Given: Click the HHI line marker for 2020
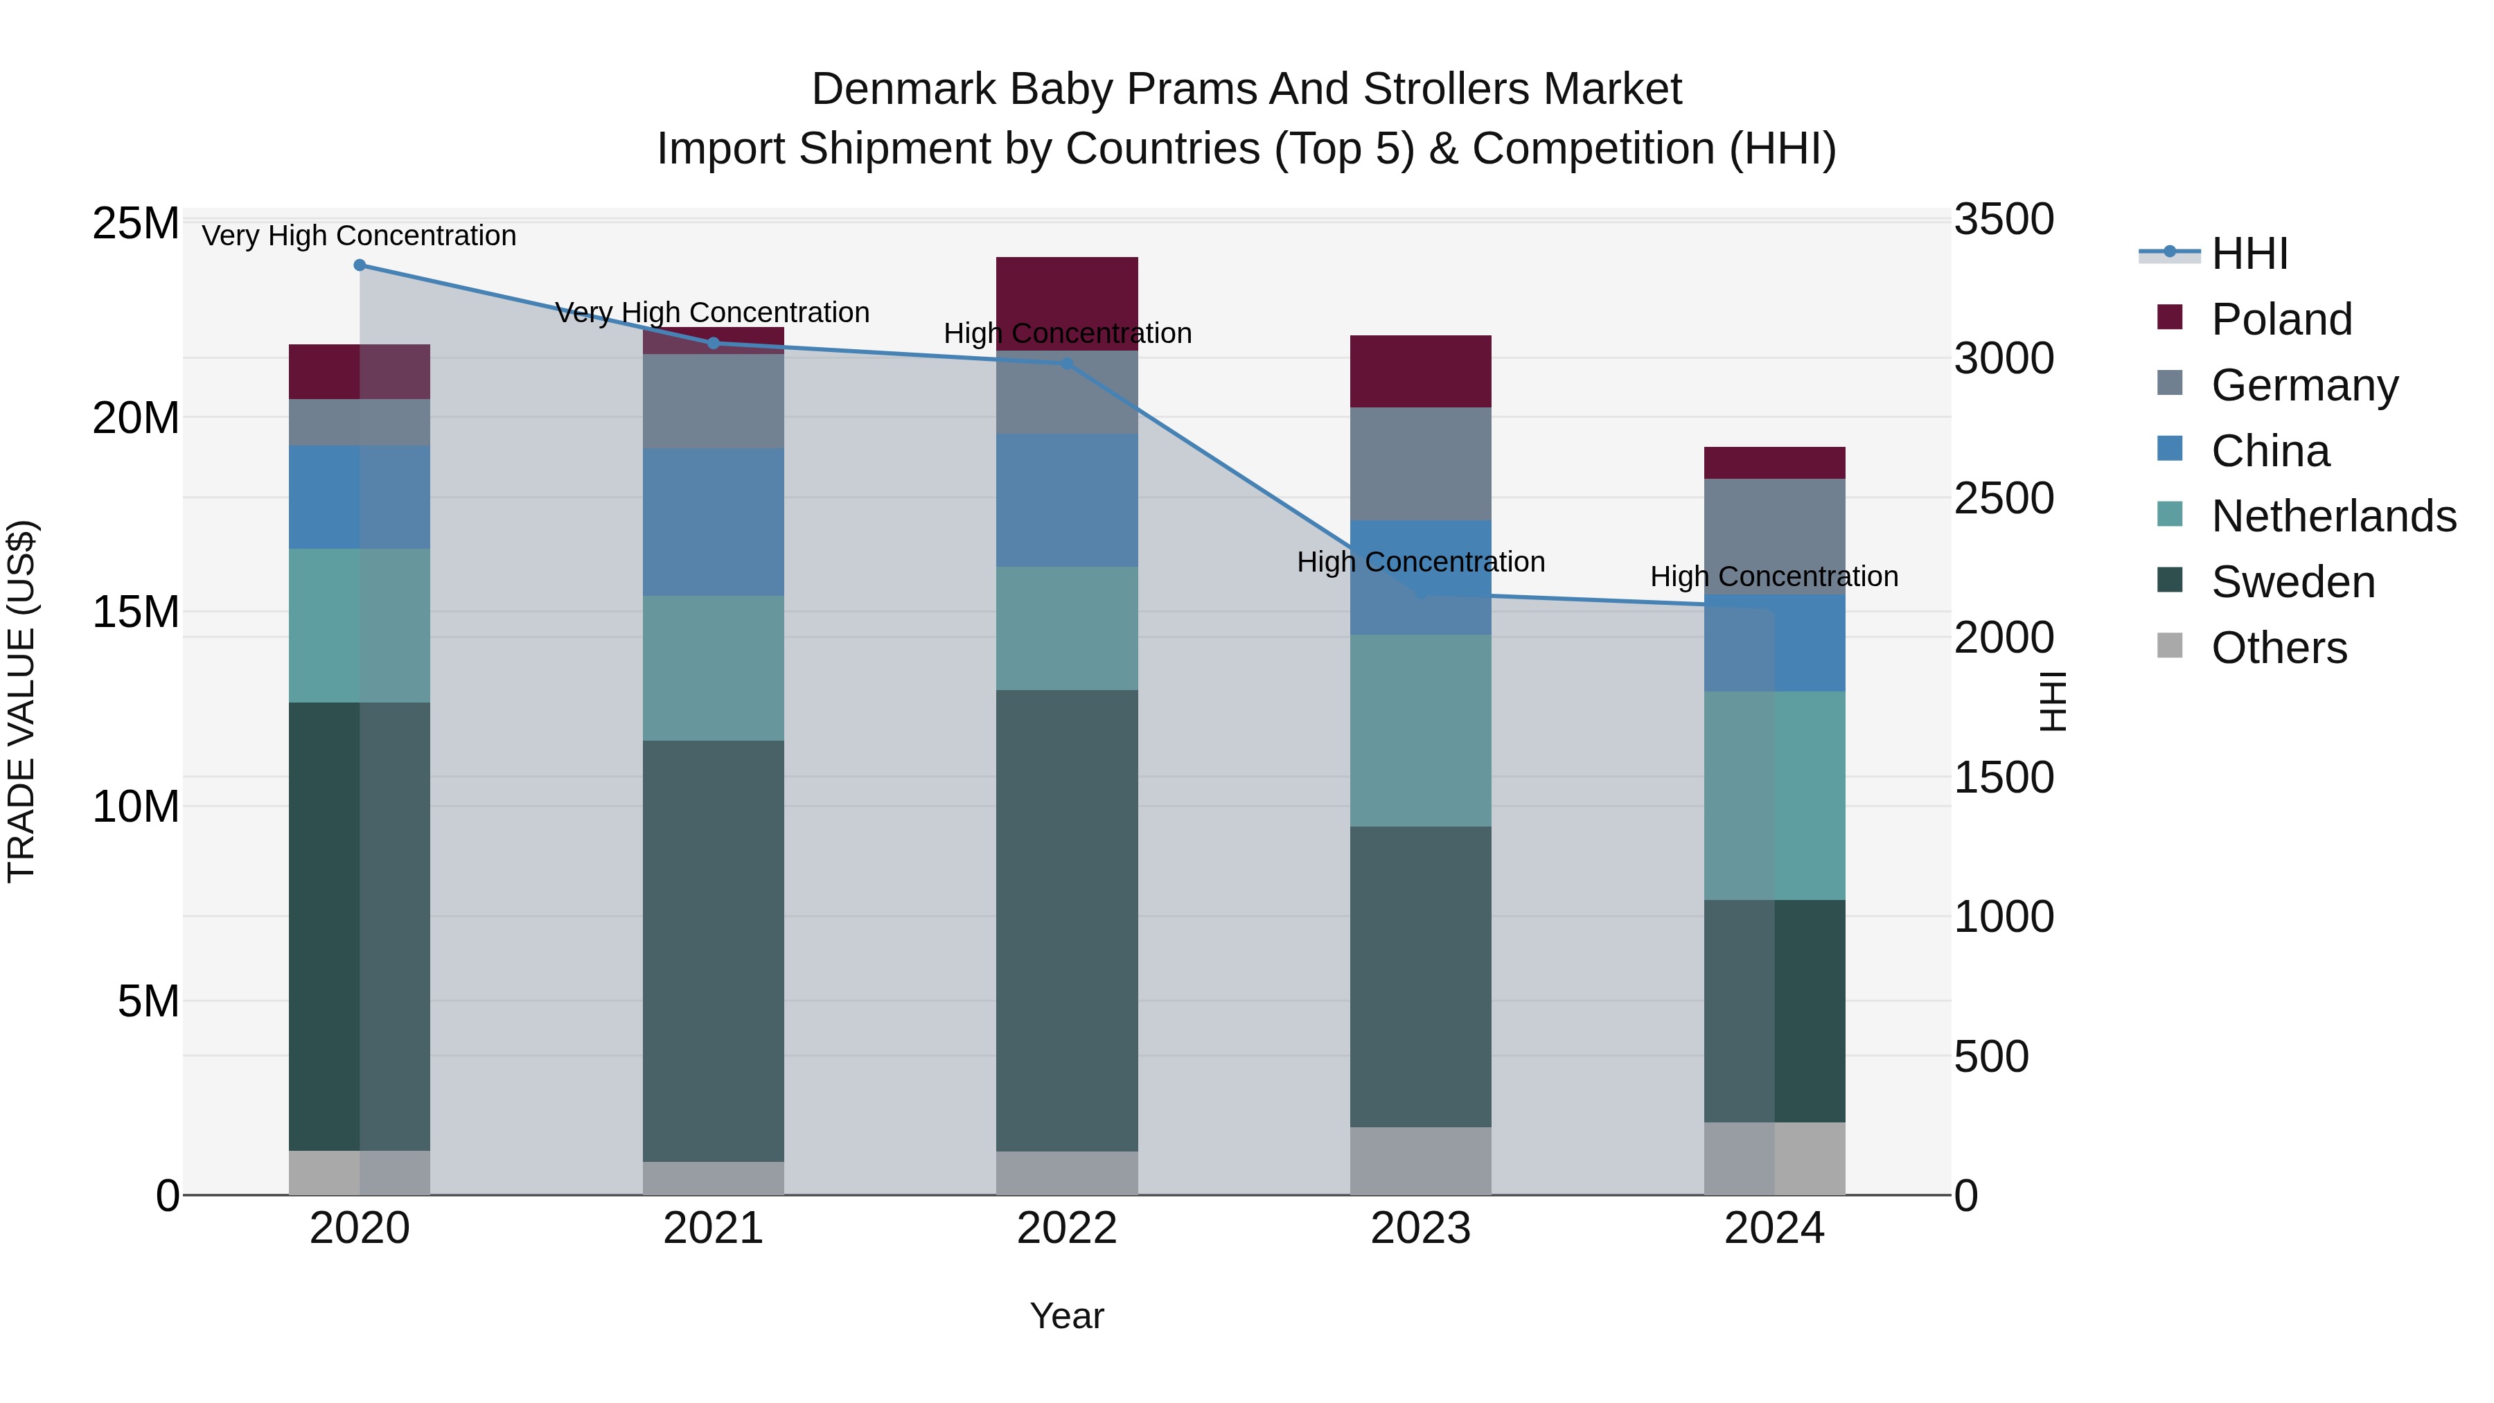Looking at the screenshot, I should click(x=359, y=265).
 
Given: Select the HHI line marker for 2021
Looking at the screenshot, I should click(x=714, y=343).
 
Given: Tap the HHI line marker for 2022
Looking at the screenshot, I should click(x=1067, y=364).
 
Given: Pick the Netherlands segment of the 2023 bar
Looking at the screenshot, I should click(x=1420, y=730).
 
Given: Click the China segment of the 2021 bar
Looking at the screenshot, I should click(x=714, y=522).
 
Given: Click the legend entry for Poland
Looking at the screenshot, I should click(x=2281, y=319).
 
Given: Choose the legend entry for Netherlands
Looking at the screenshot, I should click(x=2333, y=516).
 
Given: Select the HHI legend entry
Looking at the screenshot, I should click(x=2249, y=254).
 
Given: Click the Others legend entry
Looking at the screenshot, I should click(x=2279, y=648).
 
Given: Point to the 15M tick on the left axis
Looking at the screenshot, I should click(x=136, y=612).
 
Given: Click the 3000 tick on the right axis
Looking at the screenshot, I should click(x=2002, y=358).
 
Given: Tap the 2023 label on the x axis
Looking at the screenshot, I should click(x=1420, y=1228).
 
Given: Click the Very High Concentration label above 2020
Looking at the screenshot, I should click(x=359, y=236).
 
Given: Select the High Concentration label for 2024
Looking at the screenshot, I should click(x=1774, y=576).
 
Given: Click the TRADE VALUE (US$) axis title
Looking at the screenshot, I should click(x=21, y=701).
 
